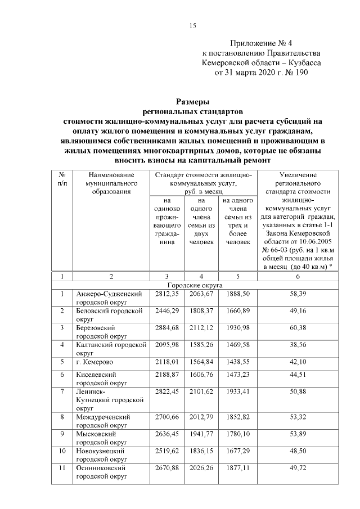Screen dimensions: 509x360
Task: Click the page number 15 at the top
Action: click(x=192, y=25)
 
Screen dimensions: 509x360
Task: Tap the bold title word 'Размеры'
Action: click(x=192, y=102)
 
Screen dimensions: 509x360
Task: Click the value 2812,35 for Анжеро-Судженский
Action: click(x=166, y=294)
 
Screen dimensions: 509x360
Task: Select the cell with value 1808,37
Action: click(x=201, y=310)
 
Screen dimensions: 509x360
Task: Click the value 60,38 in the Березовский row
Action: click(x=298, y=327)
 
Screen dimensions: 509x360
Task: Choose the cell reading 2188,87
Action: click(x=166, y=373)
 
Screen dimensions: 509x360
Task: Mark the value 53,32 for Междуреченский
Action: click(x=298, y=417)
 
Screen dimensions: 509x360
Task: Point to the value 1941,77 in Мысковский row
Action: click(x=201, y=434)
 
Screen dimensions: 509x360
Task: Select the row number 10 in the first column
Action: click(x=62, y=451)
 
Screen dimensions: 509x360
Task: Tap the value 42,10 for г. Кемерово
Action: click(x=298, y=361)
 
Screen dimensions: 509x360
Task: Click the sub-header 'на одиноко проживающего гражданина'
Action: click(x=166, y=220)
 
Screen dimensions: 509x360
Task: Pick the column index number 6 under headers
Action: click(x=298, y=277)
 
